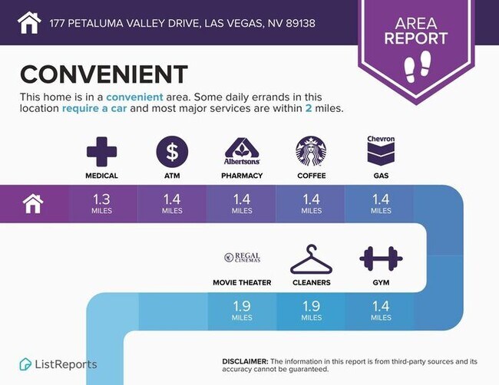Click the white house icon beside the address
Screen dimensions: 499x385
pyautogui.click(x=29, y=22)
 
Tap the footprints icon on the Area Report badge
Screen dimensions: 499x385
pyautogui.click(x=417, y=67)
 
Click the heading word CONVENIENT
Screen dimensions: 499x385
pyautogui.click(x=104, y=74)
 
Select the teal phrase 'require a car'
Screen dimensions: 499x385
pyautogui.click(x=94, y=108)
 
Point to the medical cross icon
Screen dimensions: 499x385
pyautogui.click(x=101, y=152)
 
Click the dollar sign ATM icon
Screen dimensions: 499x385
pyautogui.click(x=172, y=152)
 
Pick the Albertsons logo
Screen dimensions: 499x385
pyautogui.click(x=242, y=151)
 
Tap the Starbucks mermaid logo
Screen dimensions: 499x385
pyautogui.click(x=311, y=151)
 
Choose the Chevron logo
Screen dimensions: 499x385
pyautogui.click(x=381, y=150)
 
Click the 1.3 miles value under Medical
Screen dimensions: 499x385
pyautogui.click(x=101, y=204)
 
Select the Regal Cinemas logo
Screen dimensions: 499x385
pyautogui.click(x=242, y=257)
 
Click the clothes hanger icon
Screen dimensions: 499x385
pyautogui.click(x=311, y=259)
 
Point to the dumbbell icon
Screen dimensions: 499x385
pyautogui.click(x=381, y=258)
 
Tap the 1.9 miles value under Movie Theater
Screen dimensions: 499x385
pyautogui.click(x=242, y=311)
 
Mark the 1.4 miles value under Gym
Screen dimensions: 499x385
pyautogui.click(x=381, y=311)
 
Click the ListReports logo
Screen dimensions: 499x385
pyautogui.click(x=58, y=364)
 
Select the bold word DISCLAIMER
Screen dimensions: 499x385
pyautogui.click(x=245, y=361)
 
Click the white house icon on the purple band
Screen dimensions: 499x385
pyautogui.click(x=33, y=204)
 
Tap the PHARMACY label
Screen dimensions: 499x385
pyautogui.click(x=242, y=176)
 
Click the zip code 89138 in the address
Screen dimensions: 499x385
pyautogui.click(x=301, y=23)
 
